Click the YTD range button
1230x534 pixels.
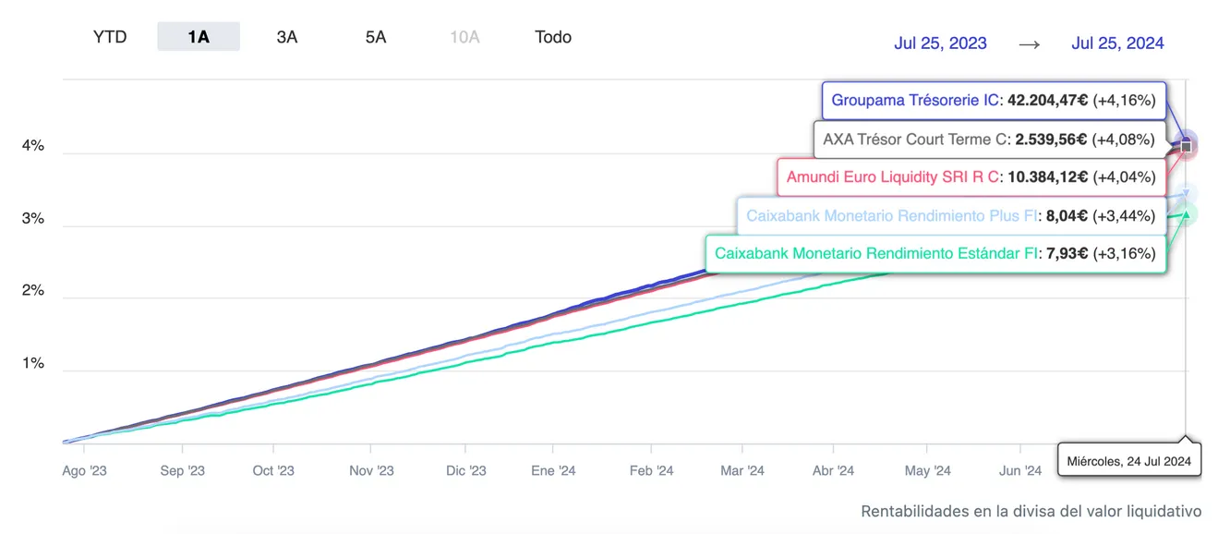tap(110, 37)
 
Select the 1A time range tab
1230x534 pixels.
tap(199, 37)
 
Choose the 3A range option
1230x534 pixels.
tap(287, 37)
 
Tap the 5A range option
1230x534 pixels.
tap(376, 37)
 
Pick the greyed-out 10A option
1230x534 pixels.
tap(464, 37)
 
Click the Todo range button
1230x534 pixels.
tap(553, 37)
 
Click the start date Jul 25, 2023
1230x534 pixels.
tap(940, 42)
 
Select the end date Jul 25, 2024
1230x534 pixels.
tap(1117, 42)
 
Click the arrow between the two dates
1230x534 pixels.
tap(1030, 43)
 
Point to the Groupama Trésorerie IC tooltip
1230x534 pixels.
tap(994, 101)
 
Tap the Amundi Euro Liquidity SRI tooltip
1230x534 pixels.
tap(971, 176)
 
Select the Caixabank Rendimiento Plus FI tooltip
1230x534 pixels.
tap(950, 215)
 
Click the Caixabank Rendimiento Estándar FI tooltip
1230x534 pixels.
tap(935, 253)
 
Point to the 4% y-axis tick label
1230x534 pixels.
tap(33, 146)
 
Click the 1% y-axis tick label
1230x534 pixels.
tap(33, 363)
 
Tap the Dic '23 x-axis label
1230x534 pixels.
tap(465, 471)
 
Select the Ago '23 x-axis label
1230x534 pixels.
tap(84, 471)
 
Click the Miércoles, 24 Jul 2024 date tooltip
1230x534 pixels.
tap(1128, 460)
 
